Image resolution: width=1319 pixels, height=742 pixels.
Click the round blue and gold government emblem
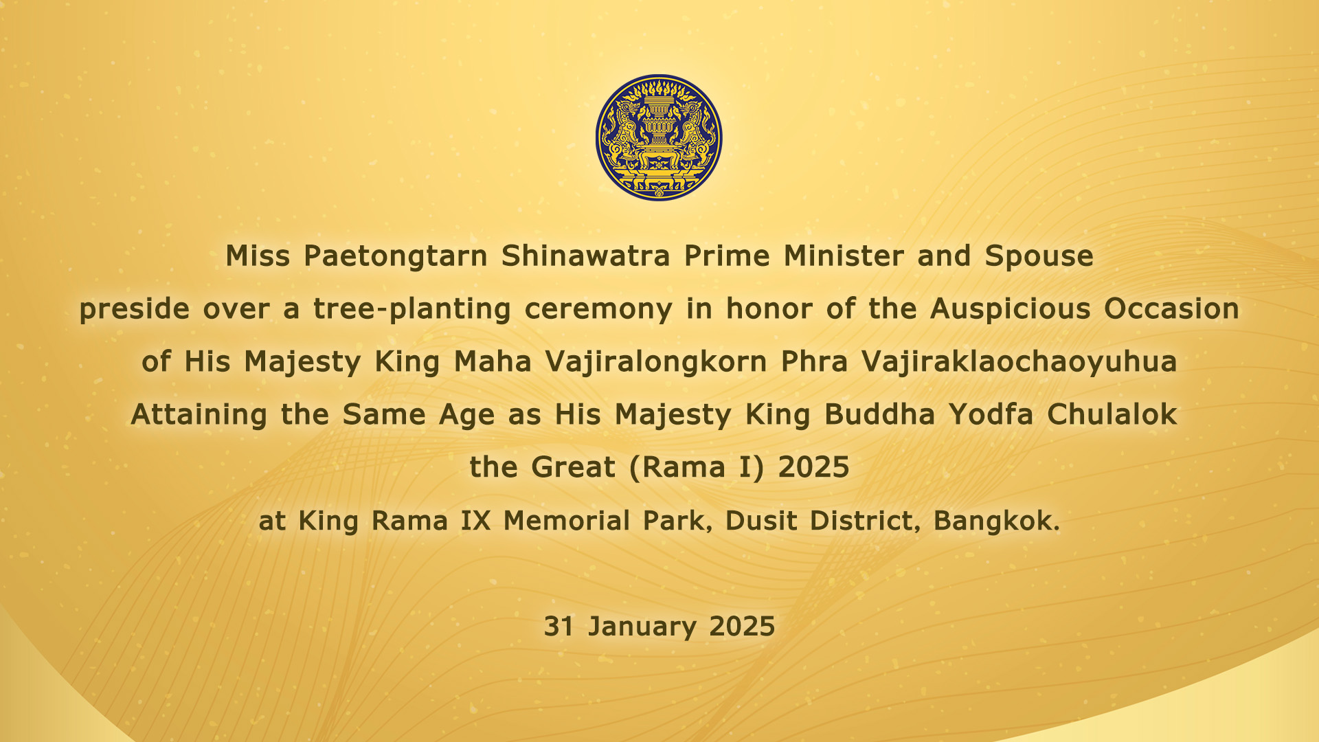659,137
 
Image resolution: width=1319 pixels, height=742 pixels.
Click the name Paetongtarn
395,257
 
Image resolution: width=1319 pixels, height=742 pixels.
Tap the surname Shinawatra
585,256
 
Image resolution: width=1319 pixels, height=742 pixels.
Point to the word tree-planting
412,310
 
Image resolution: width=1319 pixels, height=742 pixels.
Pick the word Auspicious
1010,310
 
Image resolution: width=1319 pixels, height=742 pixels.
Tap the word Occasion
1171,309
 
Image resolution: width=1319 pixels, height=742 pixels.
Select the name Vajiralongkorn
656,363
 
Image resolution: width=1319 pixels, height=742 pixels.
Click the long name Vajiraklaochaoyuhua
1019,363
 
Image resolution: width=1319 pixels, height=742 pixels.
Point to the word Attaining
199,416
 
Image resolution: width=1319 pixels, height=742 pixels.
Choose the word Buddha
879,414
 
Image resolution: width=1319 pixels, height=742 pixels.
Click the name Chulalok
1112,414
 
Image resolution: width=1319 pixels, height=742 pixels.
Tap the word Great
573,468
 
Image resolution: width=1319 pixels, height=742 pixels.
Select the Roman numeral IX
475,521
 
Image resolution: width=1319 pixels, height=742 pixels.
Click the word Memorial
567,521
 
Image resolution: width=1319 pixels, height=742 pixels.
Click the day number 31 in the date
559,627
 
